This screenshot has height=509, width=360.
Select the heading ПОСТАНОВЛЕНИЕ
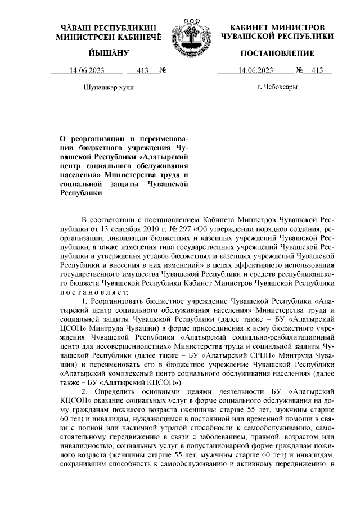[277, 53]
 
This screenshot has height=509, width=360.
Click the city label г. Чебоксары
[277, 87]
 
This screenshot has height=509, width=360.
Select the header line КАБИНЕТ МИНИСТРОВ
[278, 27]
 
